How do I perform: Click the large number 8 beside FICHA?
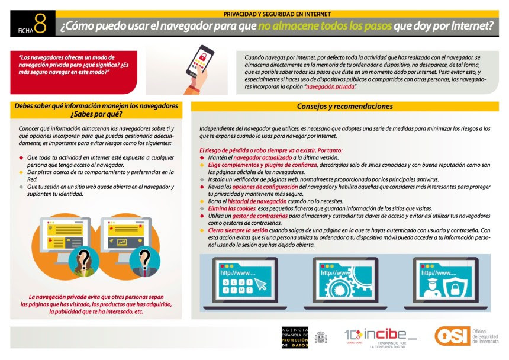click(40, 24)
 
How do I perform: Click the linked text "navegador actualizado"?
click(258, 157)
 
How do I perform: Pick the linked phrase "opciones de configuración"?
click(264, 186)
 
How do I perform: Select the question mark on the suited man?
click(144, 258)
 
